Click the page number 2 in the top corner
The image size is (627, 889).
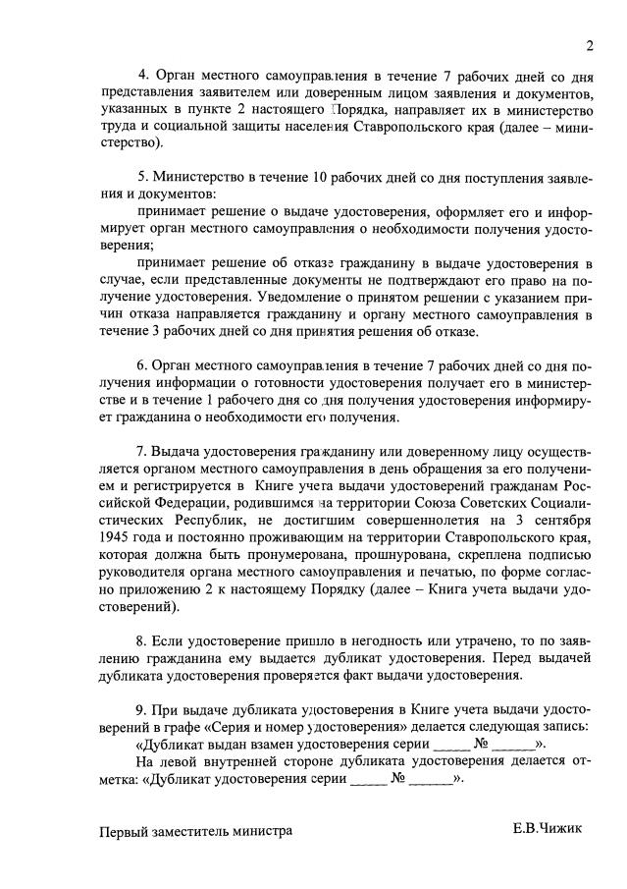click(590, 45)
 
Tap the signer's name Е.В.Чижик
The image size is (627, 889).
click(547, 828)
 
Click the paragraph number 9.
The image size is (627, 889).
click(142, 709)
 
